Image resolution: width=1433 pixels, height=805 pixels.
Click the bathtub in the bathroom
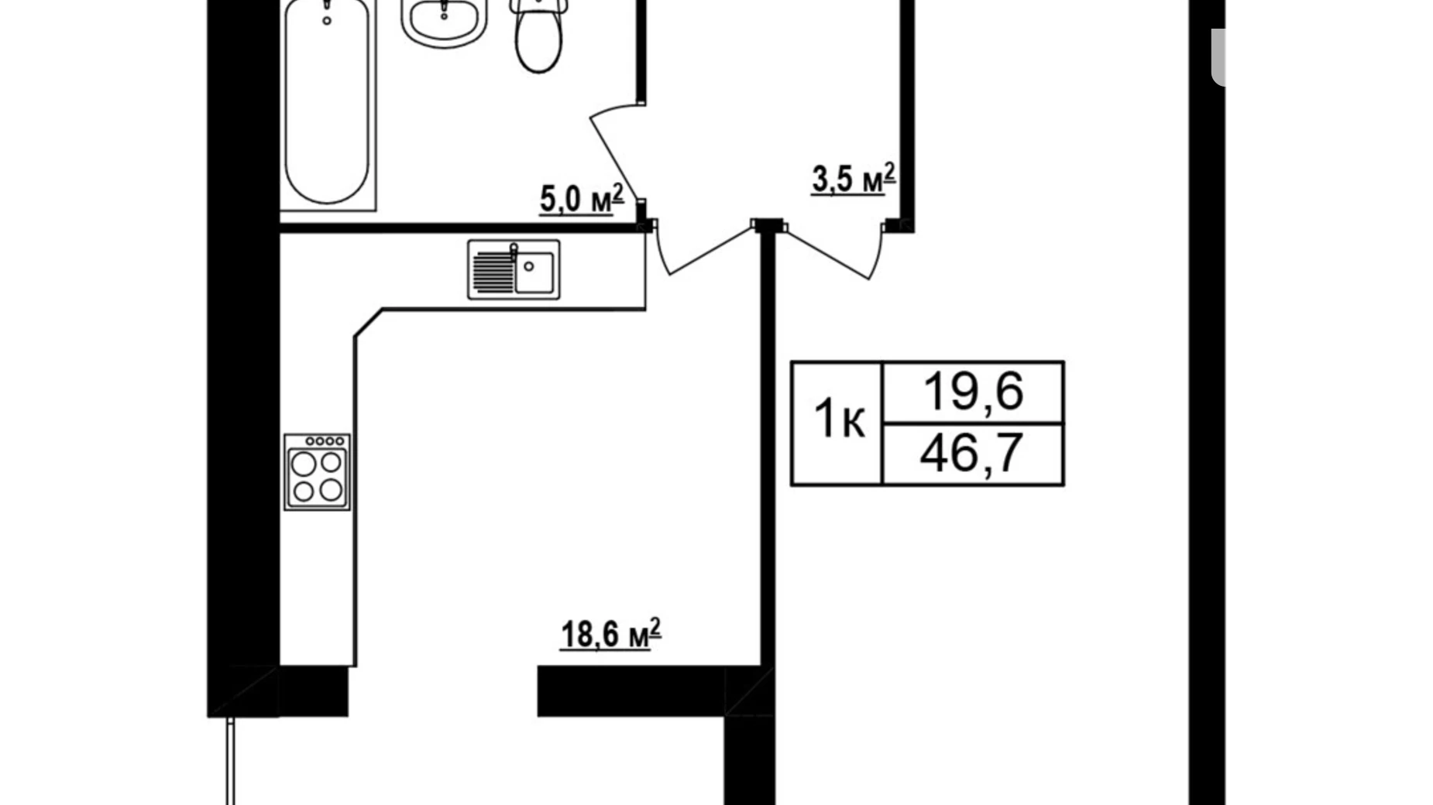tap(326, 104)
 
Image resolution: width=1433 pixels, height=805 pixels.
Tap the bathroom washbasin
tap(444, 22)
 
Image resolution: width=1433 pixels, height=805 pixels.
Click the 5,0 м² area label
tap(581, 199)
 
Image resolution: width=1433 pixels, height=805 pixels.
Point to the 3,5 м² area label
tap(853, 179)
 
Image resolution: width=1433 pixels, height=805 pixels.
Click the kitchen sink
tap(514, 269)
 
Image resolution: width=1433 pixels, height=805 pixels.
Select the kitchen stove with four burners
tap(317, 472)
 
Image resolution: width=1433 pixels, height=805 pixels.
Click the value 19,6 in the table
tap(973, 392)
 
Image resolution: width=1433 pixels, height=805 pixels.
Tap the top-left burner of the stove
tap(304, 464)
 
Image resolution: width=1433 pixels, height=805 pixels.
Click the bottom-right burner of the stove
tap(331, 489)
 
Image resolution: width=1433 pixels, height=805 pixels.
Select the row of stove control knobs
tap(325, 441)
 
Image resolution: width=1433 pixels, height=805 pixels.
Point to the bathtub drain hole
tap(326, 21)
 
